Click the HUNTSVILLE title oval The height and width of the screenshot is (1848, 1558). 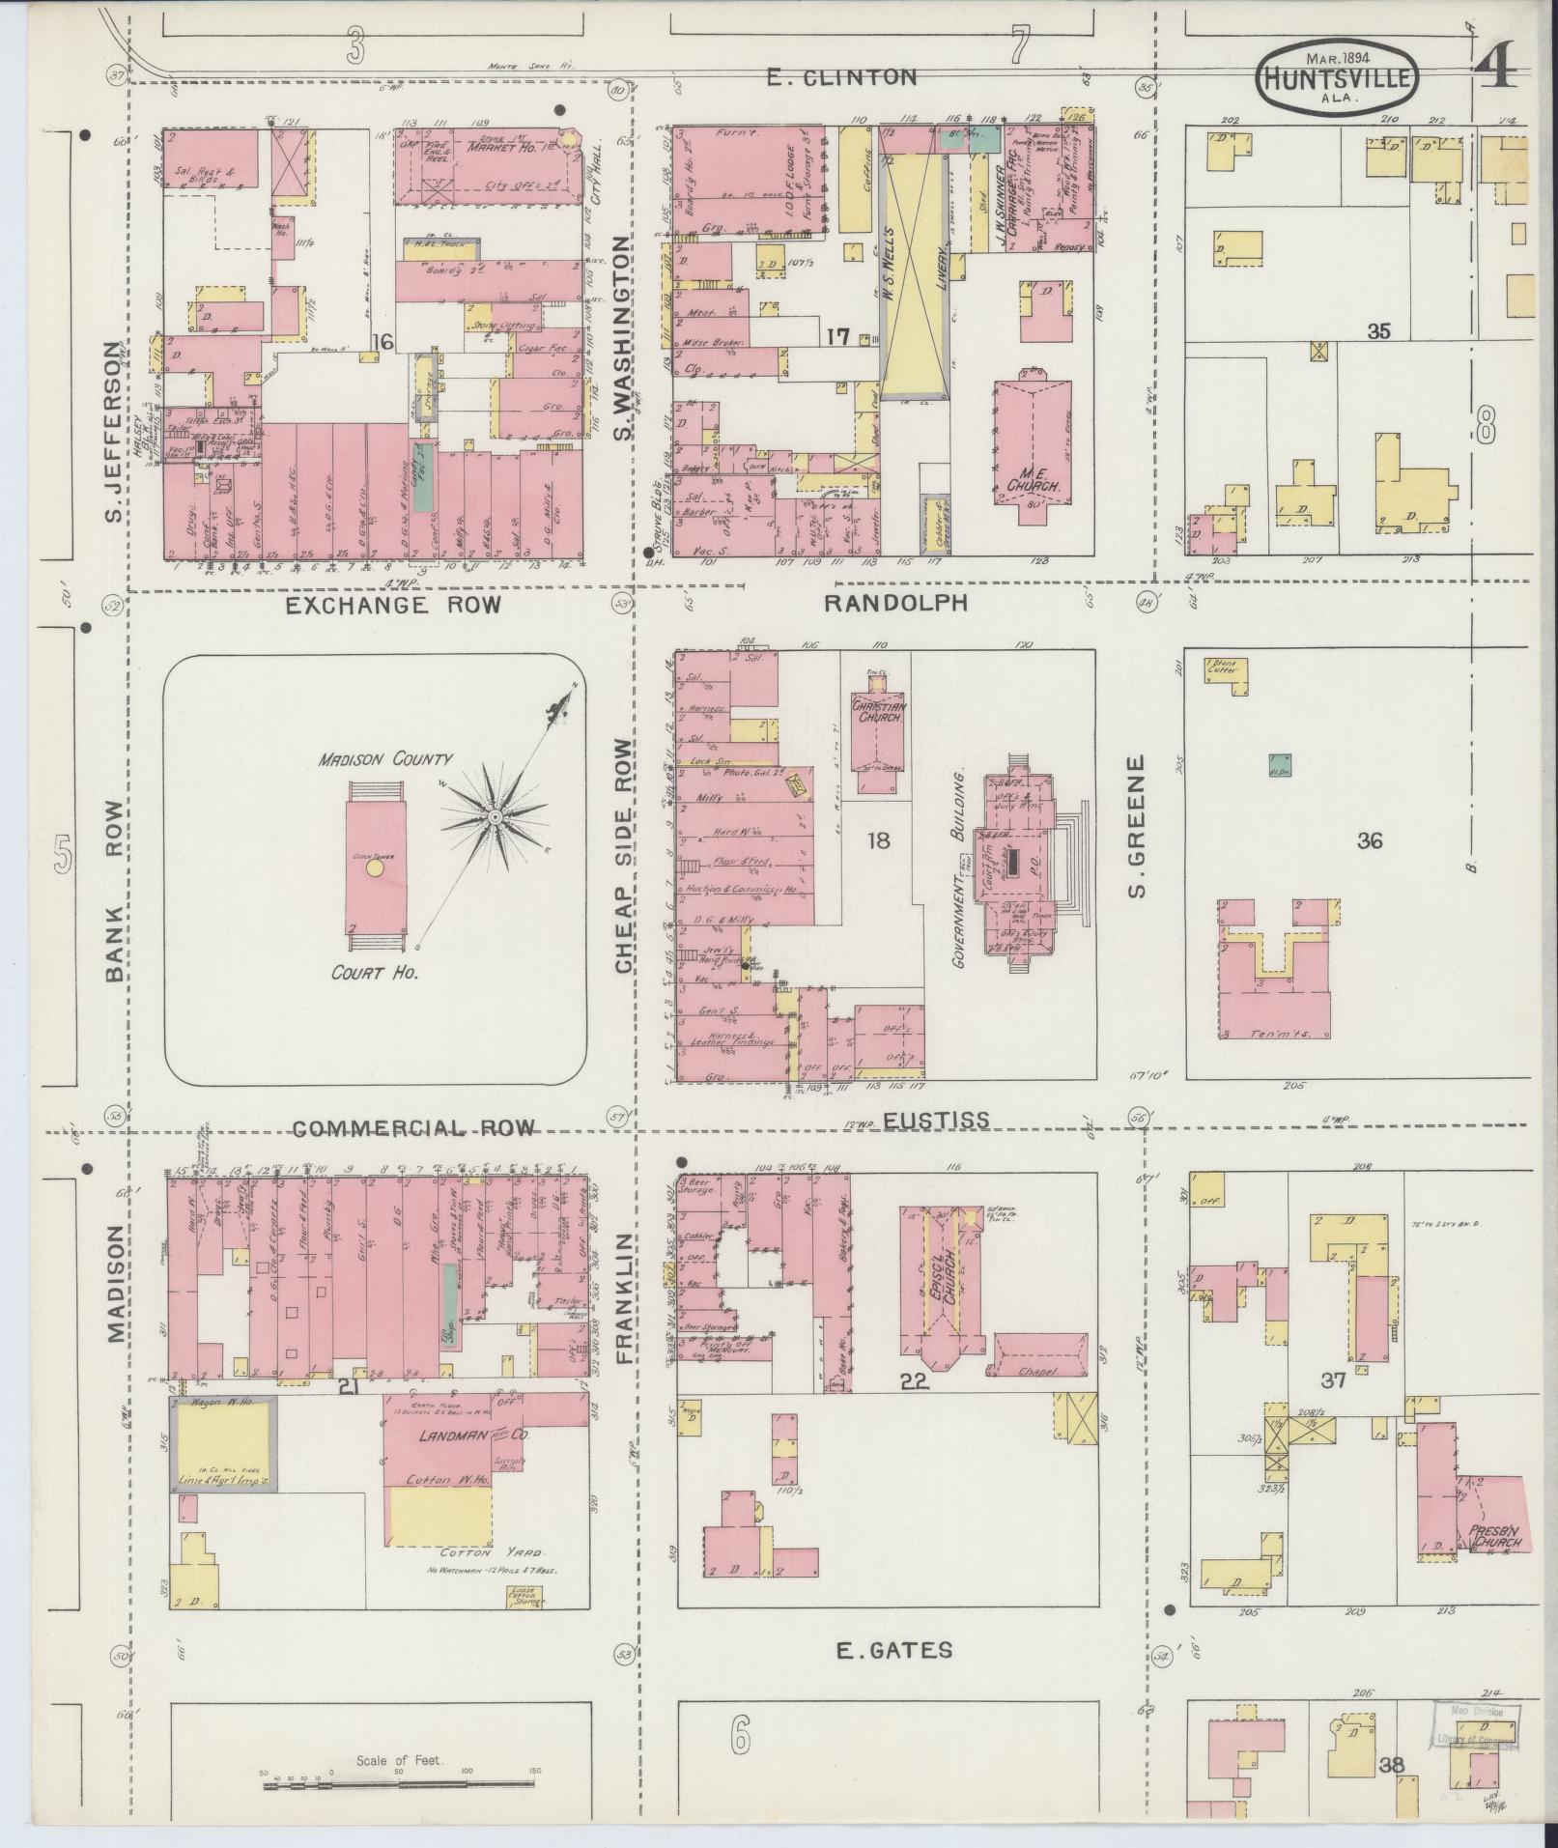1338,75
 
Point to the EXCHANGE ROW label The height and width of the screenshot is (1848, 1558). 394,605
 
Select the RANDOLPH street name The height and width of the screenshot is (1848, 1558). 895,603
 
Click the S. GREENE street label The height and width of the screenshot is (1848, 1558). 1136,825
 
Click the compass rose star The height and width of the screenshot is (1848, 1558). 495,817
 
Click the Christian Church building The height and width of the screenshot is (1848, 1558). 877,739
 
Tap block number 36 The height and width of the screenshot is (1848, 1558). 1369,840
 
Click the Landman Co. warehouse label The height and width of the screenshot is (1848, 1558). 450,1464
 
